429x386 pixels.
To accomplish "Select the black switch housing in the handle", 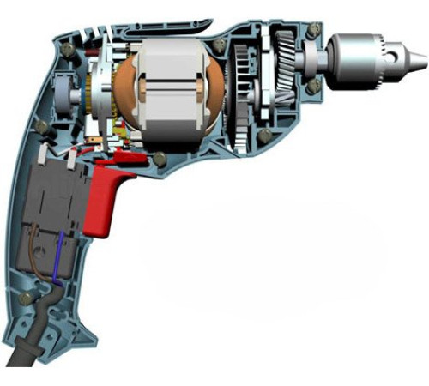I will pos(55,193).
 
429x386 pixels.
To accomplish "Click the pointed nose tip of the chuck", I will pos(418,62).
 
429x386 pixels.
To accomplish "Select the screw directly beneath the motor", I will pos(159,158).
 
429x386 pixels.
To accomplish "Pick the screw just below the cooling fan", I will pos(264,136).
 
